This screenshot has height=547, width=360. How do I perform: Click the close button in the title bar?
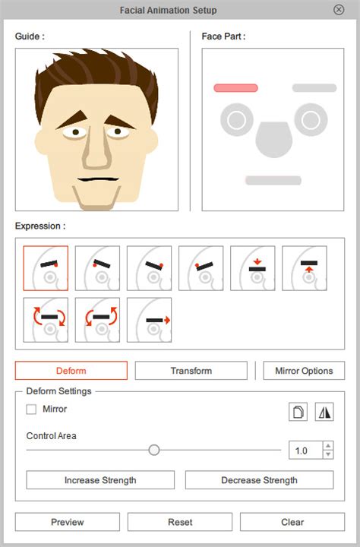(339, 10)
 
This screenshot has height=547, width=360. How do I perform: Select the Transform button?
(191, 371)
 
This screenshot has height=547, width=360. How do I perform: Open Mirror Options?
(304, 371)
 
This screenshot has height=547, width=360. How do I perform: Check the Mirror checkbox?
(31, 409)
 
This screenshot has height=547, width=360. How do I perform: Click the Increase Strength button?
(100, 480)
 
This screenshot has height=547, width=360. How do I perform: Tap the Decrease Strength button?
(259, 480)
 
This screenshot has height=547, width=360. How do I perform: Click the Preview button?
(68, 522)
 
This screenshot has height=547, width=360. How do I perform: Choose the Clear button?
(292, 522)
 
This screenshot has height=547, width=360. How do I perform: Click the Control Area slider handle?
(154, 450)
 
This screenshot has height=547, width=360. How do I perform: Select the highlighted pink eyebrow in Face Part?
(236, 88)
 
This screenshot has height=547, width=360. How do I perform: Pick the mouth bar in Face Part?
(273, 180)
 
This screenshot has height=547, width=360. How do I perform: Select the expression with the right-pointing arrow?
(150, 320)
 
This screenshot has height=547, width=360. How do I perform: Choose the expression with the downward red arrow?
(253, 268)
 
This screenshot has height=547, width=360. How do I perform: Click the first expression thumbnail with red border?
(46, 268)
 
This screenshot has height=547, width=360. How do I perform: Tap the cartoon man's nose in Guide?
(96, 148)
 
